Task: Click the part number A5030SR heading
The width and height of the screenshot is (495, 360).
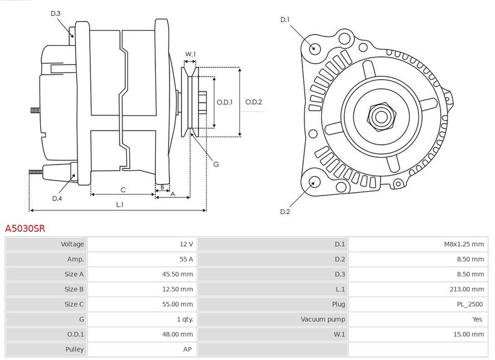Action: click(25, 228)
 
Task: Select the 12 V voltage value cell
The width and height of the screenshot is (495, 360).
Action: click(186, 244)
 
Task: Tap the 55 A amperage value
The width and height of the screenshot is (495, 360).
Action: click(186, 259)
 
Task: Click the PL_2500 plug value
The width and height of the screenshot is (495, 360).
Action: click(471, 304)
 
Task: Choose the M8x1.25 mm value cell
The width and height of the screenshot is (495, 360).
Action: click(463, 244)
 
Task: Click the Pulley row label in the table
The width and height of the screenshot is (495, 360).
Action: click(74, 349)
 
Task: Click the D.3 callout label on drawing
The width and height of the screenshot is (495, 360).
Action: click(56, 13)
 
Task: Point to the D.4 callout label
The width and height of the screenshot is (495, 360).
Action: click(57, 198)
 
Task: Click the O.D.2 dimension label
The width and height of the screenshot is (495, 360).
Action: click(254, 102)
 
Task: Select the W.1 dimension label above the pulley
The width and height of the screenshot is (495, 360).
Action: click(191, 54)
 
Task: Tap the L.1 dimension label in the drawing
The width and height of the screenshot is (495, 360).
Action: click(120, 204)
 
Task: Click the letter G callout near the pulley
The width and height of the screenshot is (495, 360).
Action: click(216, 164)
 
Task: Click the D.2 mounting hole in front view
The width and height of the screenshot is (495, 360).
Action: click(314, 182)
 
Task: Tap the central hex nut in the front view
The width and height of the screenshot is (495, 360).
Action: click(380, 115)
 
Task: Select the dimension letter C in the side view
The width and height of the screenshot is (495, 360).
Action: click(123, 189)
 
